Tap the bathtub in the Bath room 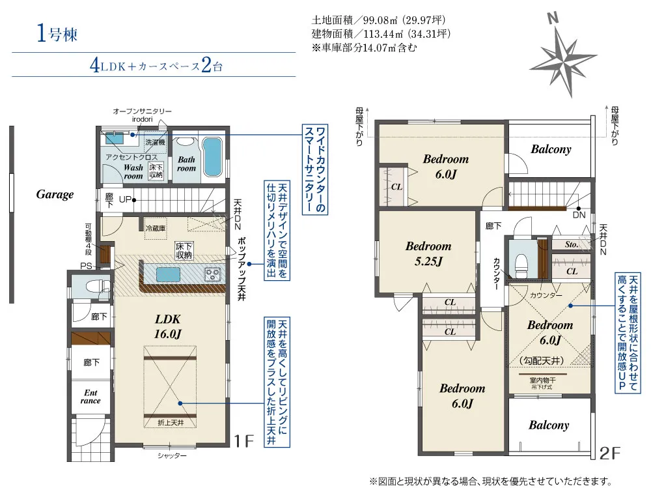212,156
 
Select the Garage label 55,194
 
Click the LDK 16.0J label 168,326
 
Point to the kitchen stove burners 213,274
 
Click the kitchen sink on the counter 168,274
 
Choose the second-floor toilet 521,265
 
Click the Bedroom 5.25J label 428,253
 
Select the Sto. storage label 572,244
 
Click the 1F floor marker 243,440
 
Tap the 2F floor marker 609,453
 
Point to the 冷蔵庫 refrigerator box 156,228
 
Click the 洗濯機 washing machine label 155,142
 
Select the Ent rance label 90,397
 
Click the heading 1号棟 57,33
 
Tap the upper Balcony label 551,149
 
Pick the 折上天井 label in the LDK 171,422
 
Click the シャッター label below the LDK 172,455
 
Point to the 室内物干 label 542,380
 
